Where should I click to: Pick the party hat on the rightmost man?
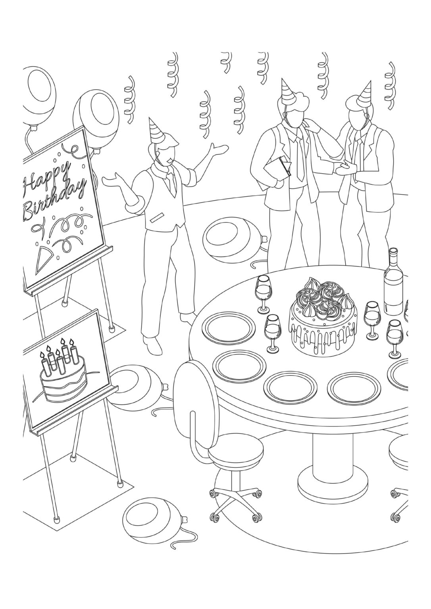point(366,94)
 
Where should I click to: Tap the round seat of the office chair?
point(235,453)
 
